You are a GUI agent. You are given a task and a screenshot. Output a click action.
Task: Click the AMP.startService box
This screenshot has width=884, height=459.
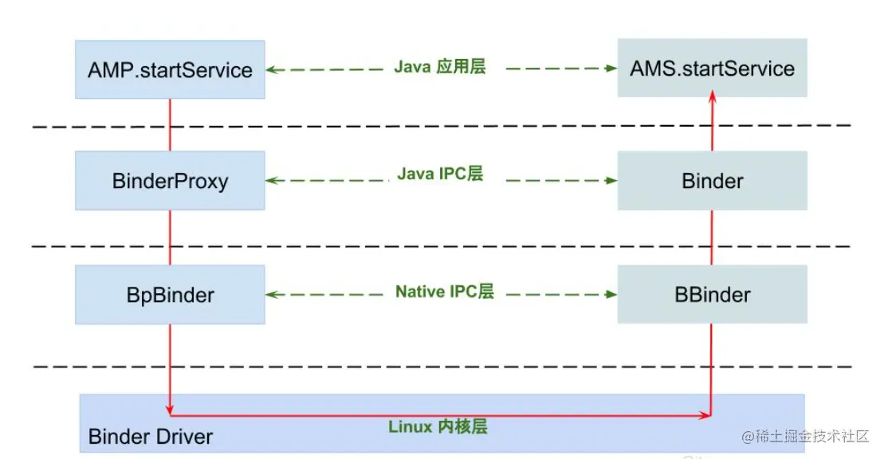point(170,70)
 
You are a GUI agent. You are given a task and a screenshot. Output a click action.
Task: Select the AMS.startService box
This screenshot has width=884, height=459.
point(712,69)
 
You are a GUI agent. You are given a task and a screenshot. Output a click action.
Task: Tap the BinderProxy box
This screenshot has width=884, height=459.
point(170,181)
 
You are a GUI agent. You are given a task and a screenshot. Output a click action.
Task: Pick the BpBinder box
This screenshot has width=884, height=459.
point(170,295)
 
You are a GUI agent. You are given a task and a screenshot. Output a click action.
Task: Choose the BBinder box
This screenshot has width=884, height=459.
point(712,295)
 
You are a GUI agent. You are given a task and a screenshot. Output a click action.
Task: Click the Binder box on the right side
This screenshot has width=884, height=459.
point(712,181)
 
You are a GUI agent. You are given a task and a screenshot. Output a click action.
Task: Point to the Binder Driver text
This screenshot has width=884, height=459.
point(151,436)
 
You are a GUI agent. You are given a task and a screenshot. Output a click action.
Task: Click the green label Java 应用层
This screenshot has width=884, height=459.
point(439,67)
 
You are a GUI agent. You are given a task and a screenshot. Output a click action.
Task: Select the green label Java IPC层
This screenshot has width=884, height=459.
point(440,174)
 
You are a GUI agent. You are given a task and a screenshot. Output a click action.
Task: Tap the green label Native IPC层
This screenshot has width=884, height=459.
point(444,292)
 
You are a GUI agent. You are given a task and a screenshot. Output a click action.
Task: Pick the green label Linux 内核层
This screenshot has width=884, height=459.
point(438,426)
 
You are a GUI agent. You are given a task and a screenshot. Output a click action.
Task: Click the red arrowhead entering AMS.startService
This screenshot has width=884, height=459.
point(713,95)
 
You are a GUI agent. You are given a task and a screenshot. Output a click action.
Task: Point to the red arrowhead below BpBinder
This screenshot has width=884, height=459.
point(170,410)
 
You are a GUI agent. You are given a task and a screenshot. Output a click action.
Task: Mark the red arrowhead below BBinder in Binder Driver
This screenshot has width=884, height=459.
point(706,415)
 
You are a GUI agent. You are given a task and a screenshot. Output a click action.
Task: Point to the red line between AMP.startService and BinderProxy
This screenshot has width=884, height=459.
point(170,125)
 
